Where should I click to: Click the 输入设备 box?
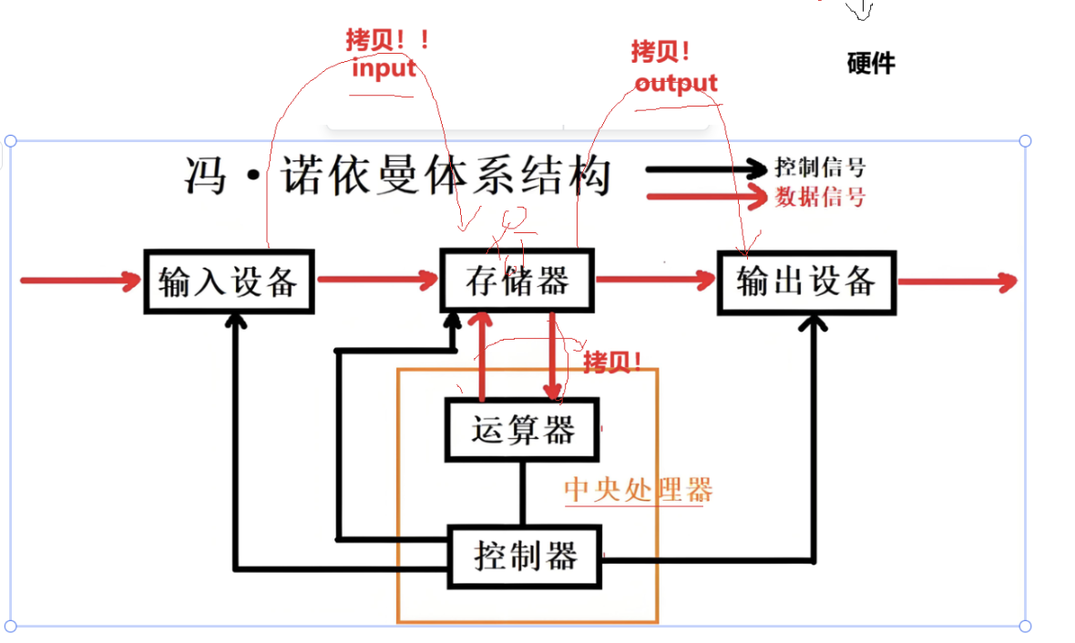229,281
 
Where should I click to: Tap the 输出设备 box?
806,281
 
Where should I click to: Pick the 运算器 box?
522,429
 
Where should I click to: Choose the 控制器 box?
525,555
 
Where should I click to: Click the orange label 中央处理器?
638,491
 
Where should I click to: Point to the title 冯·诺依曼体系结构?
396,175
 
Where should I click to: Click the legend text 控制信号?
820,168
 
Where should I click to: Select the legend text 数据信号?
820,196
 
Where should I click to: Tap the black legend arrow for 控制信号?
706,168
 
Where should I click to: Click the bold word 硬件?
870,63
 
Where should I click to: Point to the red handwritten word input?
384,68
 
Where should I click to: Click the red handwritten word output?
676,84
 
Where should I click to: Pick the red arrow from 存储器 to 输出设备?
654,281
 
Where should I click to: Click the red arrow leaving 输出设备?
957,281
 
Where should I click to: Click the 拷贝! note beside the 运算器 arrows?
612,362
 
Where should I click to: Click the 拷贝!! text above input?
387,41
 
